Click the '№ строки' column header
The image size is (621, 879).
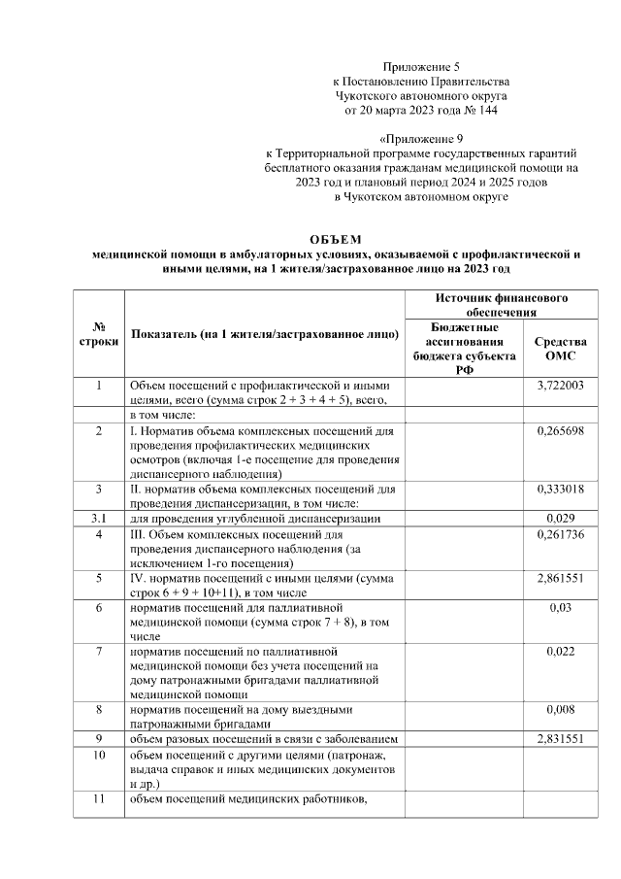[x=99, y=334]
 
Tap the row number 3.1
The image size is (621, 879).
[x=99, y=519]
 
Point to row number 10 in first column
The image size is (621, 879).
[x=99, y=754]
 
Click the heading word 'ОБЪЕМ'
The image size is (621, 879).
[x=334, y=238]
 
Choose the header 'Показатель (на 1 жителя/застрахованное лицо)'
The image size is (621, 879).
[x=264, y=335]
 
